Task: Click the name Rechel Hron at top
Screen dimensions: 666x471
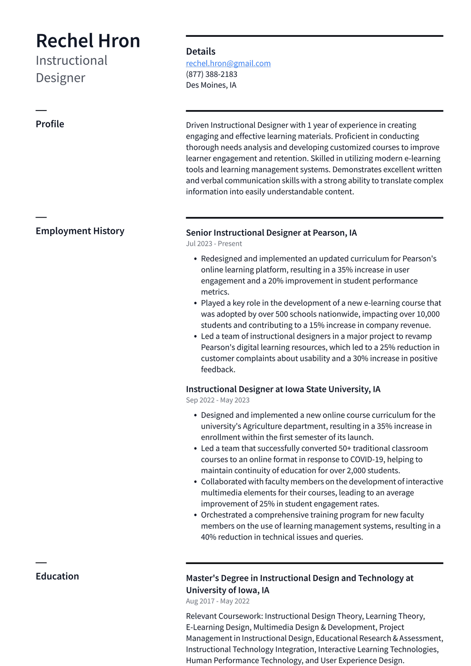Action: point(88,41)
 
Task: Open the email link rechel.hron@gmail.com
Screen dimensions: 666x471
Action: point(228,64)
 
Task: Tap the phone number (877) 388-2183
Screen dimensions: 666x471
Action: point(212,74)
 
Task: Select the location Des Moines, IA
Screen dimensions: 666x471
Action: point(211,85)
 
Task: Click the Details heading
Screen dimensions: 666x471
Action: point(201,52)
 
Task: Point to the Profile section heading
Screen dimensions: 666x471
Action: point(50,124)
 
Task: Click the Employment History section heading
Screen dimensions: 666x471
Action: point(80,231)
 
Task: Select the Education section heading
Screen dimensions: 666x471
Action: point(57,576)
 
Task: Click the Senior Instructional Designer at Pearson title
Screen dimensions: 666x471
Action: point(271,233)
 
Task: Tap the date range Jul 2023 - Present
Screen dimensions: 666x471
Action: point(213,244)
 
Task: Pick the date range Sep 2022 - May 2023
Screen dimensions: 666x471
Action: point(218,400)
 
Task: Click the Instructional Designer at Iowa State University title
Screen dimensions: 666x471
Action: point(283,389)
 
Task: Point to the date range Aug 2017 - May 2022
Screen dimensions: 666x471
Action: point(218,601)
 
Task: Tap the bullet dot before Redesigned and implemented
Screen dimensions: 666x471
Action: point(195,259)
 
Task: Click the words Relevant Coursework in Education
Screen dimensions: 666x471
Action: point(224,616)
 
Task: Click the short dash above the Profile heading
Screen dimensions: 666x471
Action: point(41,110)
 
